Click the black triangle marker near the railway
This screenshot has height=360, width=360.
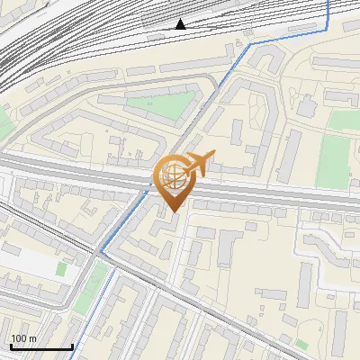[x=181, y=24]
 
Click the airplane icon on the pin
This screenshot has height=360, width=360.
[x=199, y=163]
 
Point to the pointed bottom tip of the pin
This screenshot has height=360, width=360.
[x=172, y=211]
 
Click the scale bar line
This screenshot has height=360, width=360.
[x=41, y=346]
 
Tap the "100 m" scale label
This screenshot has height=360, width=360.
[x=24, y=338]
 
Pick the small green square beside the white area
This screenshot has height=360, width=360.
[x=61, y=268]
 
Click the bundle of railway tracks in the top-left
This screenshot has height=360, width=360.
[x=36, y=54]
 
